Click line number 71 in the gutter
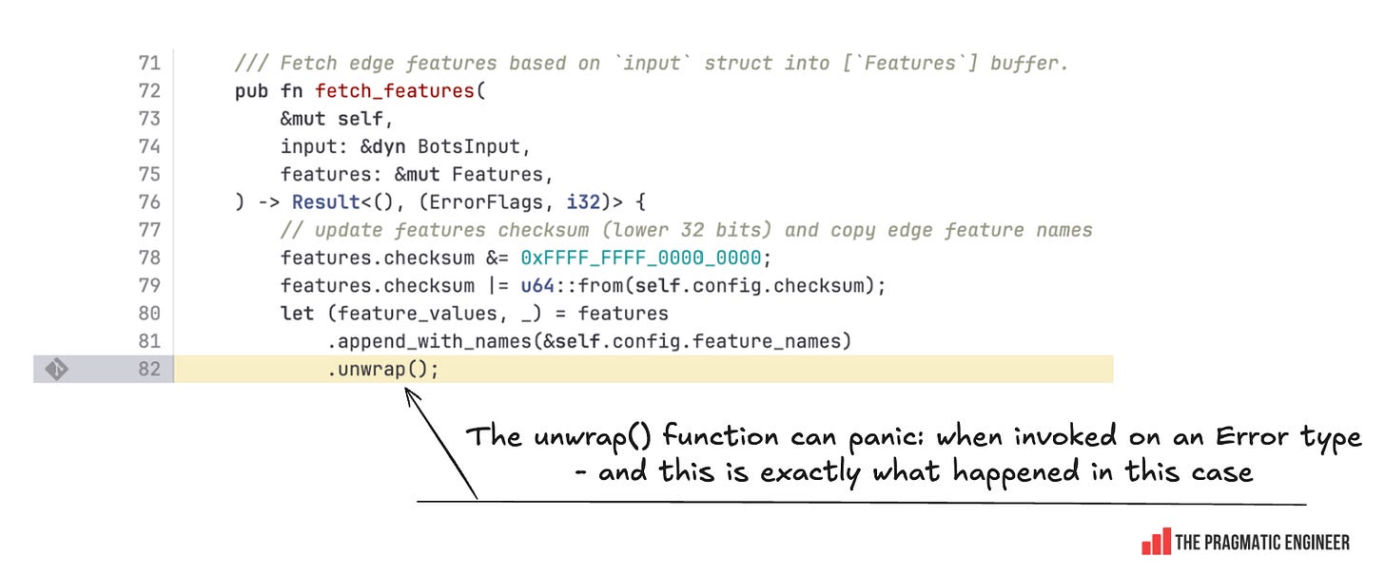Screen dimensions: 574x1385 149,64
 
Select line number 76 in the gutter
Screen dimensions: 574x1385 149,202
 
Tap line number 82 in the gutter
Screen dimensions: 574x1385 149,369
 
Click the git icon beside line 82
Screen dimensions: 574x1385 56,369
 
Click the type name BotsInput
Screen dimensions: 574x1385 469,146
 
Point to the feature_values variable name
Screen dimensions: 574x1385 372,313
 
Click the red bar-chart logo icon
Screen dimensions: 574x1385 1156,542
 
